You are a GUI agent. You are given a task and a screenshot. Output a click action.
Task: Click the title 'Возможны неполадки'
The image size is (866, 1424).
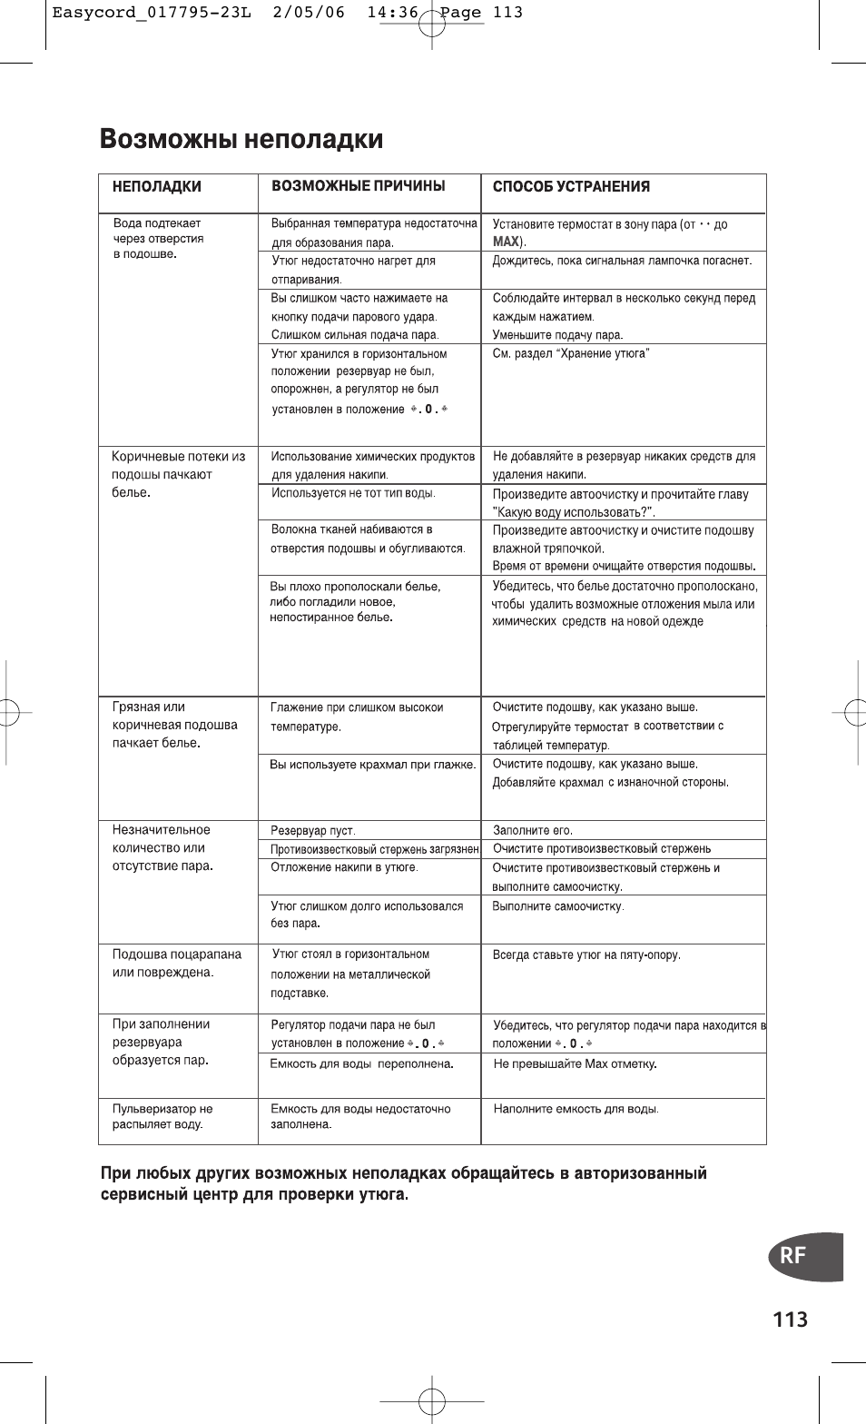click(241, 140)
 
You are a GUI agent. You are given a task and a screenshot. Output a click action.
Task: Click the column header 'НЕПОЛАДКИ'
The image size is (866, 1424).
click(156, 187)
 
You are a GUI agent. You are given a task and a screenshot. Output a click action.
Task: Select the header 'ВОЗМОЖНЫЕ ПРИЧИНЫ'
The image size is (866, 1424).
click(359, 186)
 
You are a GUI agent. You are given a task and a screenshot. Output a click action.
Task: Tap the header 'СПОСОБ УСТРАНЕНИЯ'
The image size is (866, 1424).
click(571, 187)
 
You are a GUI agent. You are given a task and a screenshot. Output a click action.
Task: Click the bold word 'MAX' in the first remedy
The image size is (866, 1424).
click(506, 242)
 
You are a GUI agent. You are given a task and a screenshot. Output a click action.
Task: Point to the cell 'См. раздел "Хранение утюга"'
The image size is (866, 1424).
click(571, 353)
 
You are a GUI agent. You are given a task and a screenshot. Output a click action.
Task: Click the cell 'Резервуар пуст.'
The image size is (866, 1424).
click(313, 830)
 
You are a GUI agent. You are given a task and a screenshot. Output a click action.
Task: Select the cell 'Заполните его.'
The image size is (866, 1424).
click(533, 830)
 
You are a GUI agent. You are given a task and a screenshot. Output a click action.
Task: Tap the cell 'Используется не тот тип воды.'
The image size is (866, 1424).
click(354, 493)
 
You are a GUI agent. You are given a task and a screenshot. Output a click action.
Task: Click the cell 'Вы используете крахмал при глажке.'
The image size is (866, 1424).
click(372, 765)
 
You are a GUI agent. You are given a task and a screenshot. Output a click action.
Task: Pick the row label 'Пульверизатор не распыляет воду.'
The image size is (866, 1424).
click(162, 1116)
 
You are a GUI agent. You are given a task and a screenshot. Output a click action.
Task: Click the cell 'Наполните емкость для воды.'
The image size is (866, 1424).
click(576, 1109)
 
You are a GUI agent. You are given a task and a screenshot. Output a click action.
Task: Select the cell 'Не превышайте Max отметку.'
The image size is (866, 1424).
click(575, 1063)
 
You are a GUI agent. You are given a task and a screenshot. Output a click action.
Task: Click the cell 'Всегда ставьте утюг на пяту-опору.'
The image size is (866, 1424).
click(586, 954)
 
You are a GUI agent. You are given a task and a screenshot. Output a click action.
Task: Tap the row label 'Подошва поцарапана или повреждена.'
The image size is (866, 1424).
click(177, 963)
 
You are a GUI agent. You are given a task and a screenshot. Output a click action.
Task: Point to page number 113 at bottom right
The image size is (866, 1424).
click(791, 1320)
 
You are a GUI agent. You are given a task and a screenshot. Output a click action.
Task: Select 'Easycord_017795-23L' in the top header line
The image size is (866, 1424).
click(134, 13)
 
